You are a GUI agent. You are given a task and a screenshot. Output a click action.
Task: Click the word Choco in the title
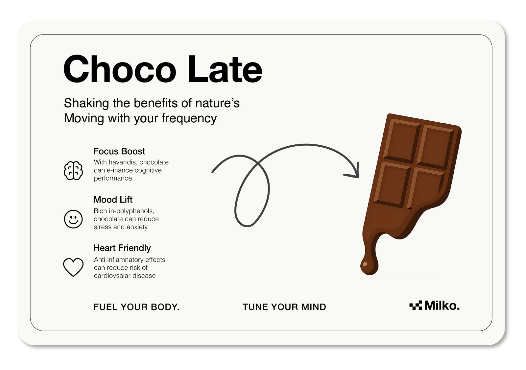(x=120, y=69)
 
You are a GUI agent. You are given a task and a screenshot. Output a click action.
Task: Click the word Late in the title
(x=225, y=69)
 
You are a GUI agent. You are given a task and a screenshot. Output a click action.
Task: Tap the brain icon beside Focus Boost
(x=73, y=171)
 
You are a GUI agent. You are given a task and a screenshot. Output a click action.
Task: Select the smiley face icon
(x=73, y=219)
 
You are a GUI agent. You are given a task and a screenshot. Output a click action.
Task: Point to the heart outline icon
(x=73, y=267)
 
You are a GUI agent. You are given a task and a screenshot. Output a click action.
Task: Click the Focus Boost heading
(x=119, y=151)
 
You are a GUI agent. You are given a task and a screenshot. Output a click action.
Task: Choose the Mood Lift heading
(x=113, y=200)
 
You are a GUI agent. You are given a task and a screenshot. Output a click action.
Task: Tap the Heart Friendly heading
(x=122, y=248)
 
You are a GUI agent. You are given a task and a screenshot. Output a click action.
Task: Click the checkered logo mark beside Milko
(x=416, y=305)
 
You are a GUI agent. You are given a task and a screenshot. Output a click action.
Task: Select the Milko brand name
(x=442, y=306)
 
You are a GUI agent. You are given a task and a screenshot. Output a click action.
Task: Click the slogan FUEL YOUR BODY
(x=136, y=307)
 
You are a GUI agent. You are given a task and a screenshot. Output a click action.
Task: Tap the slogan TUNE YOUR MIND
(x=284, y=307)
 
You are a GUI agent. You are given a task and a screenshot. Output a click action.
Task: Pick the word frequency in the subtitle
(x=189, y=118)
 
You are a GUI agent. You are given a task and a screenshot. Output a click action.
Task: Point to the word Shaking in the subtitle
(x=86, y=103)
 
